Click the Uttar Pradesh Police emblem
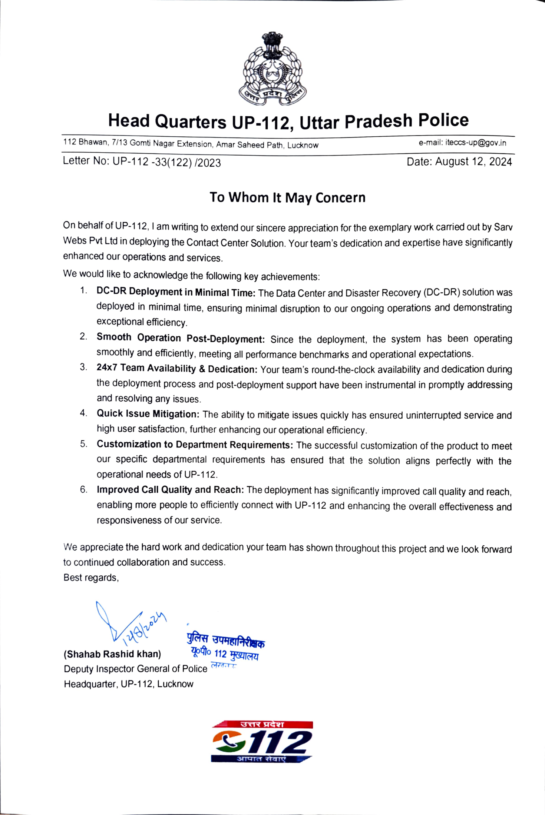pos(272,69)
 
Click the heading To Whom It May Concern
pos(287,197)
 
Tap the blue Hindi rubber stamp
pos(225,646)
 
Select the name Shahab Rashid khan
pos(112,654)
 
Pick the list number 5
pos(83,444)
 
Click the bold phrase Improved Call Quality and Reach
pos(170,490)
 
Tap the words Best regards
pos(91,578)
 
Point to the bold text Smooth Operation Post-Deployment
pos(181,338)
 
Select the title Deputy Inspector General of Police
pos(135,669)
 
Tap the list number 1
pos(83,290)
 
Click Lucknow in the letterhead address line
pos(303,145)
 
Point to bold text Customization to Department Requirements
pos(195,444)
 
